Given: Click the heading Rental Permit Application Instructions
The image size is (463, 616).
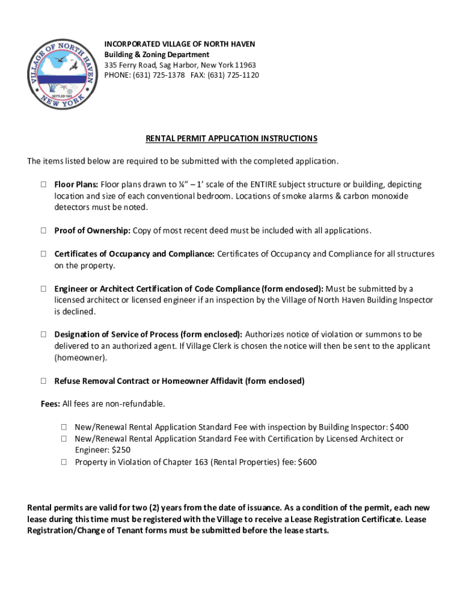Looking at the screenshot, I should click(x=231, y=138).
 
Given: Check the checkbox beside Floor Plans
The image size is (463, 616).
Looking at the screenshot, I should click(x=44, y=184).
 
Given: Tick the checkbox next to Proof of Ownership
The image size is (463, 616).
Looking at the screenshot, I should click(x=44, y=230).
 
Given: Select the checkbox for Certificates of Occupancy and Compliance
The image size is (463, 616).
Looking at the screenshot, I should click(x=44, y=254).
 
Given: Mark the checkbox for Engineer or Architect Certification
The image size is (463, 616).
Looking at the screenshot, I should click(x=44, y=289).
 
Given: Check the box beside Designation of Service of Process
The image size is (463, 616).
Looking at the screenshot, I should click(x=44, y=334).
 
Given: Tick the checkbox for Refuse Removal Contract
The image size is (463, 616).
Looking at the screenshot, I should click(x=44, y=381).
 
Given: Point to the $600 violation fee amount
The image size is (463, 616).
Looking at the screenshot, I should click(x=307, y=462).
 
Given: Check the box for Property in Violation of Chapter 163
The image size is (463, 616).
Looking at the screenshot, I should click(x=63, y=462).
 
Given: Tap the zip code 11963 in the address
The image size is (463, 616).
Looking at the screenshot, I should click(x=245, y=65).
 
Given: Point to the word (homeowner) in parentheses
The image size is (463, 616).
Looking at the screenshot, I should click(x=80, y=357).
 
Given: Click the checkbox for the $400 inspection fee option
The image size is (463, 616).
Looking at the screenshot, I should click(x=63, y=427).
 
